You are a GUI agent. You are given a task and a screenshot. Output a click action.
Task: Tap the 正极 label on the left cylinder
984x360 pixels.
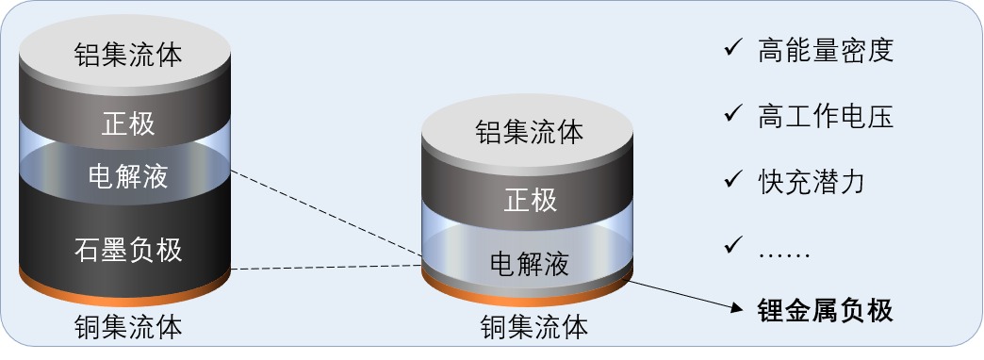(128, 124)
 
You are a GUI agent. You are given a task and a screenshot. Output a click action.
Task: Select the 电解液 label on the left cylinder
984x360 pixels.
(128, 176)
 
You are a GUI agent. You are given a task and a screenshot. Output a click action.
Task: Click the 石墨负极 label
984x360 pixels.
(128, 250)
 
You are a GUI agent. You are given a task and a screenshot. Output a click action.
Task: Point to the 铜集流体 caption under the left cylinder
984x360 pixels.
(128, 327)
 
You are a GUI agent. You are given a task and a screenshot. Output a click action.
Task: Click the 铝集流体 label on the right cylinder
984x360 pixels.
(530, 132)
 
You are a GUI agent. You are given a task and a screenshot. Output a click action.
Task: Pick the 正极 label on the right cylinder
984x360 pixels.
(531, 201)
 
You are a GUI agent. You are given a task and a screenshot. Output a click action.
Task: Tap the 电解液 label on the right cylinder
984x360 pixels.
(530, 264)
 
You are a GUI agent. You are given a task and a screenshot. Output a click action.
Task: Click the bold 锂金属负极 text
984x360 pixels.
(826, 310)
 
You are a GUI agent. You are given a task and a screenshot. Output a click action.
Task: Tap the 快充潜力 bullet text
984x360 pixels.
(812, 181)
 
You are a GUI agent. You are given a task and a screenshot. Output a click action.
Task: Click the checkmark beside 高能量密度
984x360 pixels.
(733, 48)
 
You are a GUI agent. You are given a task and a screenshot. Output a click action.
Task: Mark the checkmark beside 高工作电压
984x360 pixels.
(733, 113)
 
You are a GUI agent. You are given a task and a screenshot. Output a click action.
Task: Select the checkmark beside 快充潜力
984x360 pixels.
(733, 179)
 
